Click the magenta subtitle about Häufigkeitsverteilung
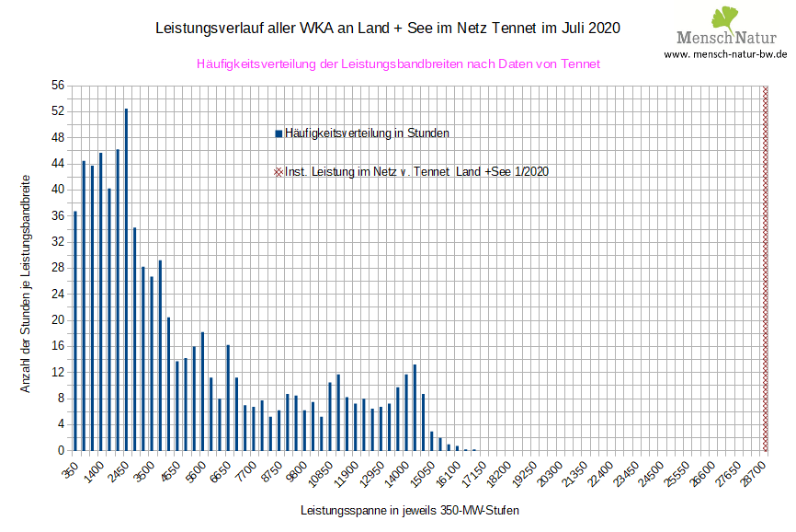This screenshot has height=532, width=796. pos(398,64)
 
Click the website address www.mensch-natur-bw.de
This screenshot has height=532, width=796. pos(725,54)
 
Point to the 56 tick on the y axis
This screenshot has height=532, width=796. pos(58,86)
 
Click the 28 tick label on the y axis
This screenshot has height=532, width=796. pos(58,268)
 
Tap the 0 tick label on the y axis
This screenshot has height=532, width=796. pos(61,450)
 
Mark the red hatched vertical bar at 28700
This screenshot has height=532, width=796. pos(766,268)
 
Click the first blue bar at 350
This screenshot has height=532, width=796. pos(75,330)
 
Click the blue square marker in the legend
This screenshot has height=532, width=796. pos(279,133)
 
